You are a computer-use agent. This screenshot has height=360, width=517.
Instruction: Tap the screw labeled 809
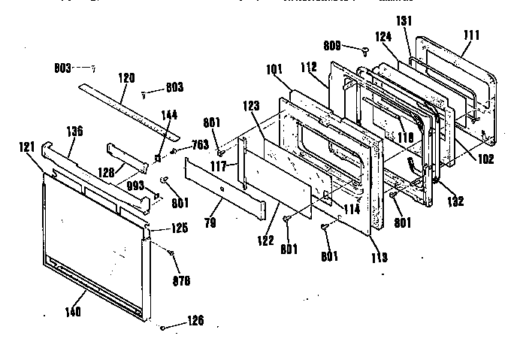point(365,51)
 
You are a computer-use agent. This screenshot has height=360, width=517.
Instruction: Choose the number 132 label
point(455,201)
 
